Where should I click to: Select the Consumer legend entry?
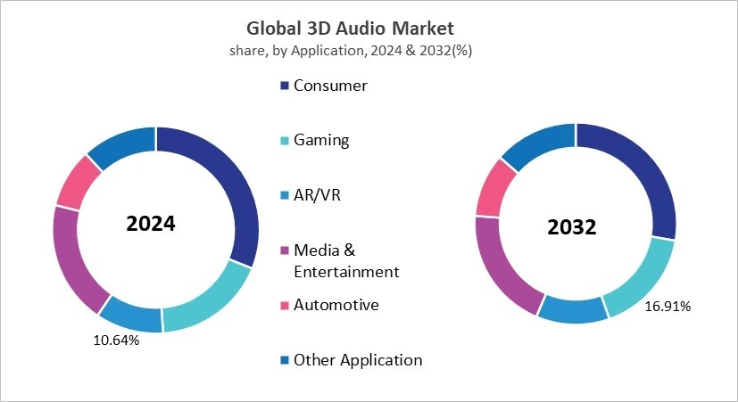[329, 86]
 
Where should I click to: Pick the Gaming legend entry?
[321, 140]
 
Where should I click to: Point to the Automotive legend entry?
[336, 305]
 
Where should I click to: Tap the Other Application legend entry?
[357, 360]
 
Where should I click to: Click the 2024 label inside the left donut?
[151, 224]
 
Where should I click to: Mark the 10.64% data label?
[116, 340]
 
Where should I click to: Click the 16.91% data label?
[668, 306]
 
